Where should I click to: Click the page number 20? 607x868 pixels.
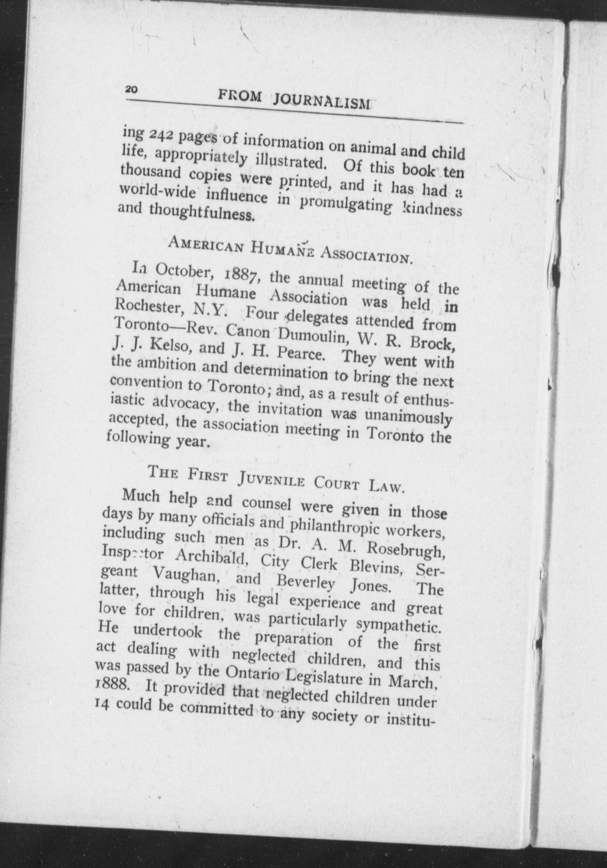click(x=131, y=89)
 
